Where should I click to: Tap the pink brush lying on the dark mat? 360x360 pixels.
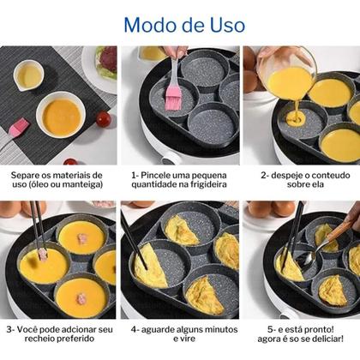19,127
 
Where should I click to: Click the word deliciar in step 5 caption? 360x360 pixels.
326,339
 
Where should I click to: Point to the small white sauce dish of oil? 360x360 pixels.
28,75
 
